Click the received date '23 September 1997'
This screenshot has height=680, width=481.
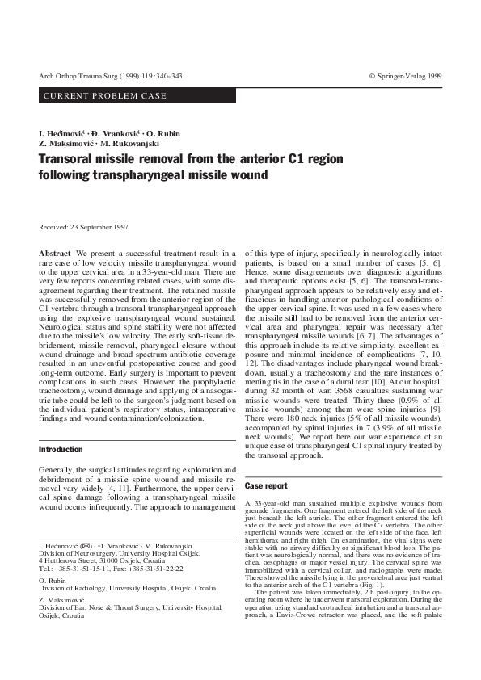point(98,229)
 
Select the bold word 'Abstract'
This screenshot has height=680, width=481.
point(55,254)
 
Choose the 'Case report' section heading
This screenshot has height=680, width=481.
point(266,486)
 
